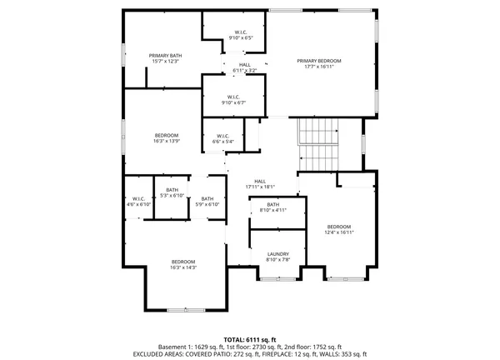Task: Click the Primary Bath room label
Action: [166, 58]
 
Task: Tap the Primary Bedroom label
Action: [320, 64]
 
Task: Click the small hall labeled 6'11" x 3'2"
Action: [244, 67]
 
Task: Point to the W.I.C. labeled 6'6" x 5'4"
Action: [223, 138]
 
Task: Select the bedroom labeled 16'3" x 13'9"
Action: [166, 138]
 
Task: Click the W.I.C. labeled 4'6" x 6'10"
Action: [139, 201]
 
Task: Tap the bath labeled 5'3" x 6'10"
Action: [172, 192]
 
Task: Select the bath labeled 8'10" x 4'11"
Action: [273, 207]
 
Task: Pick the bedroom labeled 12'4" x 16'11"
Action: [338, 230]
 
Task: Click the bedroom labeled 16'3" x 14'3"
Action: [183, 264]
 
